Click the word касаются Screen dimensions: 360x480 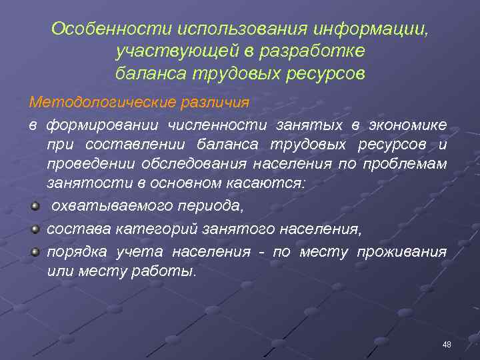point(271,185)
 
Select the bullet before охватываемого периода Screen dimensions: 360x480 point(35,206)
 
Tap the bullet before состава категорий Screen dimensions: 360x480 point(35,229)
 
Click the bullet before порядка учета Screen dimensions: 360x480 point(35,251)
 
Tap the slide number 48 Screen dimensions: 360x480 point(447,344)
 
